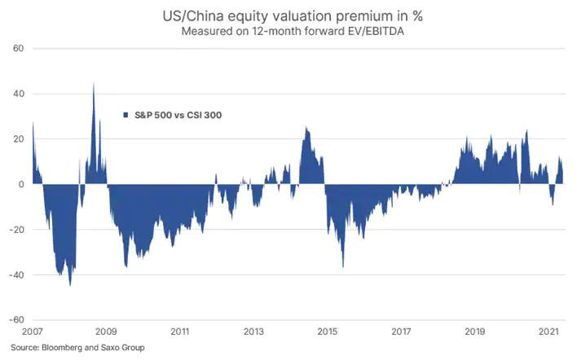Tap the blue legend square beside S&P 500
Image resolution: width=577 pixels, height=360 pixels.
(x=126, y=115)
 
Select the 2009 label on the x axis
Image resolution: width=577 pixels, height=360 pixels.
(x=106, y=332)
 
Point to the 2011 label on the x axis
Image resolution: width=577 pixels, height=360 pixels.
(x=180, y=332)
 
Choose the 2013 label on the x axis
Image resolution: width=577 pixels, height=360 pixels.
(x=253, y=332)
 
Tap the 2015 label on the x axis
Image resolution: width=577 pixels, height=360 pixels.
(x=327, y=332)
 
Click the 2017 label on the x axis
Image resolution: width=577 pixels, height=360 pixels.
(x=401, y=332)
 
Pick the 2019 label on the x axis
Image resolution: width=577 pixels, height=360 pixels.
(x=474, y=332)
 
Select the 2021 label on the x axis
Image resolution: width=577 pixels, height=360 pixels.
(x=548, y=332)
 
